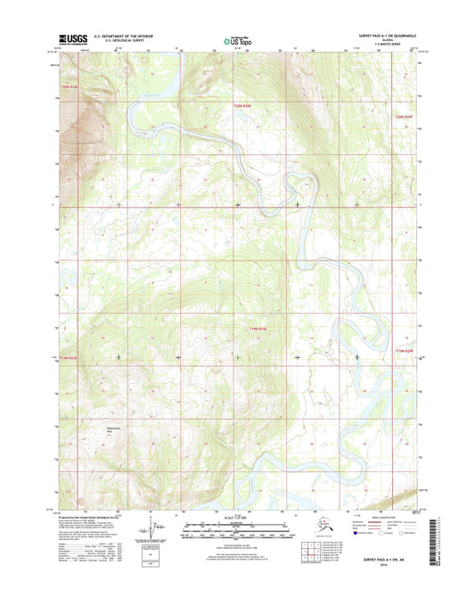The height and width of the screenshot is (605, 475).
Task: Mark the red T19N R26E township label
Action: [x=405, y=350]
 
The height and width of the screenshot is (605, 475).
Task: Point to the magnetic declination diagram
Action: [x=161, y=532]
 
